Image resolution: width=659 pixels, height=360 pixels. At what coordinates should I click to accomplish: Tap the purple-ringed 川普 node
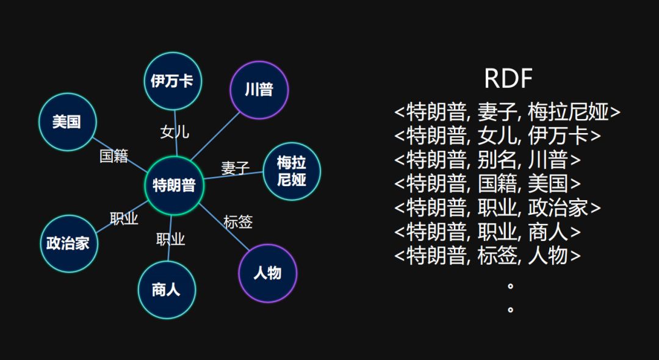tap(259, 90)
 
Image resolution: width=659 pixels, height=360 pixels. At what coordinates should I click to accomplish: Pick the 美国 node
tap(67, 122)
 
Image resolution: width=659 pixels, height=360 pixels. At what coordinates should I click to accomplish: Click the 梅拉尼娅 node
tap(291, 171)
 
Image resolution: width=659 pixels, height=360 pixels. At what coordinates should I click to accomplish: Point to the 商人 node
tap(166, 289)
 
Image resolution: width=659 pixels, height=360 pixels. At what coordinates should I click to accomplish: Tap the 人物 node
tap(267, 273)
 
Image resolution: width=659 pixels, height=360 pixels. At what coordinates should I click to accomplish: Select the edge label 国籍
tap(114, 156)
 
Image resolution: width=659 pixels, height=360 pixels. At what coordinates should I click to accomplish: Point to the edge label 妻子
tap(236, 168)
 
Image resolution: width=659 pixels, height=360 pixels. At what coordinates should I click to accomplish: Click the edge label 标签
tap(238, 222)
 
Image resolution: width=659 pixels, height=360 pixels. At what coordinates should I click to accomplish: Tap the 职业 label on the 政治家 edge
tap(124, 219)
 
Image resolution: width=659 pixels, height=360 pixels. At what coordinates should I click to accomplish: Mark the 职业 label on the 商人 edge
tap(170, 239)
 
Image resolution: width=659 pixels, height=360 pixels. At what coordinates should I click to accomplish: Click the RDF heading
tap(508, 79)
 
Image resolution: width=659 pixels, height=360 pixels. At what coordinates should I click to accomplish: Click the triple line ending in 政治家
tap(497, 208)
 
